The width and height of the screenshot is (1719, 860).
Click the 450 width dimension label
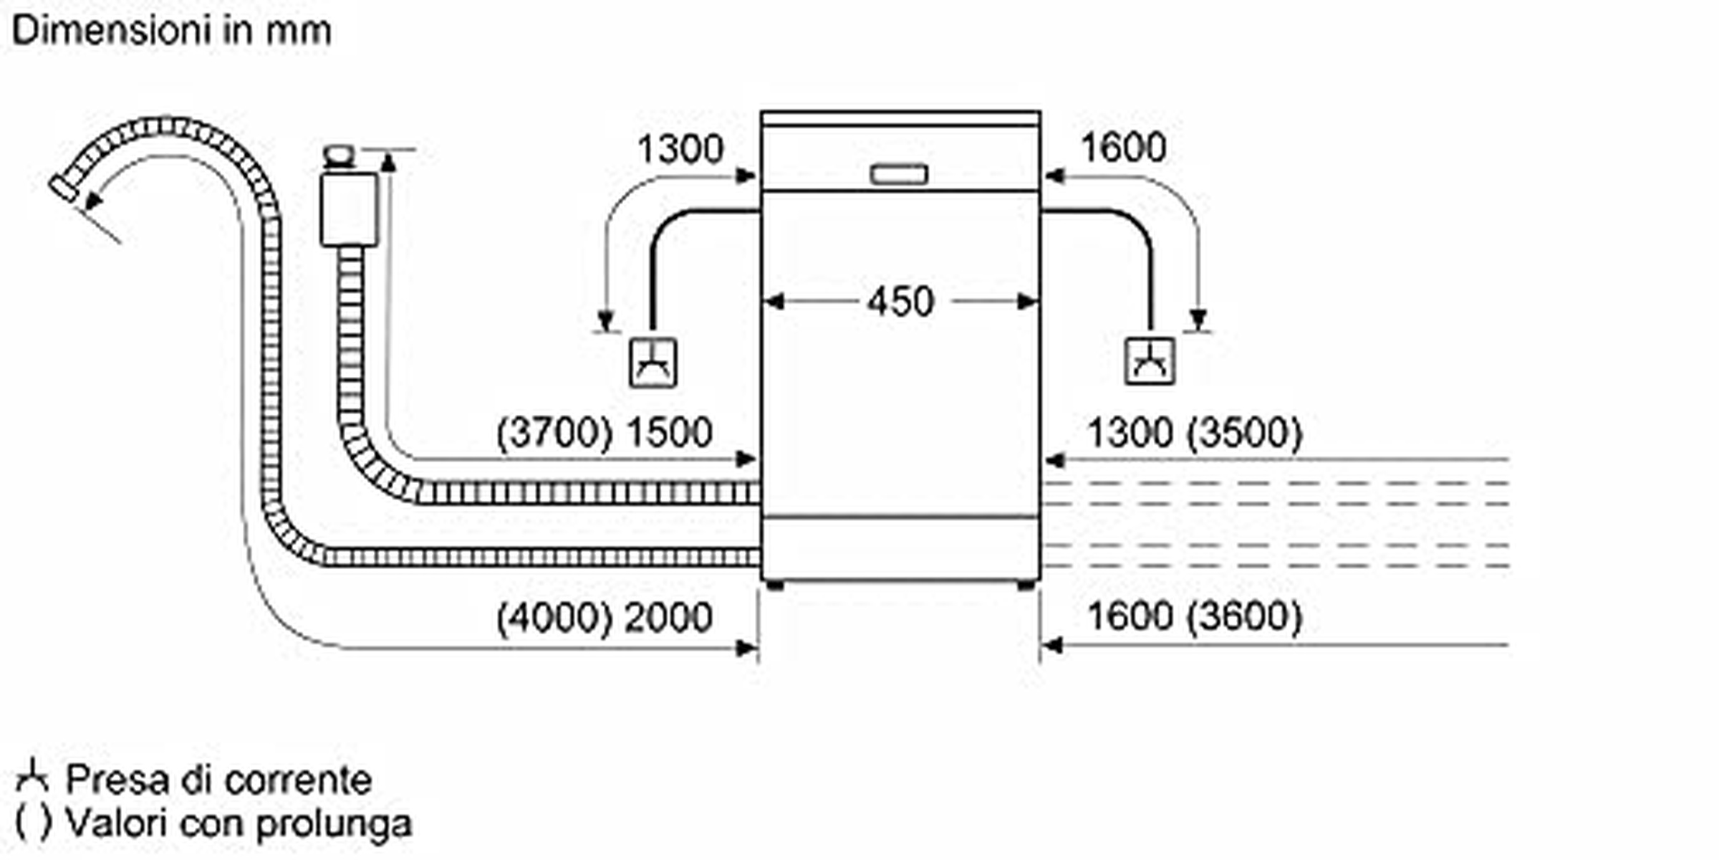point(900,301)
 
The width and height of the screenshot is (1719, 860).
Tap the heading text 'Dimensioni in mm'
point(171,32)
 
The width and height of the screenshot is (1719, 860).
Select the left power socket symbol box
point(653,362)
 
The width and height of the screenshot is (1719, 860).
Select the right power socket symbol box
point(1150,361)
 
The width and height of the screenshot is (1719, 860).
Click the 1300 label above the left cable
point(680,149)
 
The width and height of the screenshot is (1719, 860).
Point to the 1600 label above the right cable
point(1123,148)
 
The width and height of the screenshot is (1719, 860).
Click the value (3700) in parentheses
point(554,433)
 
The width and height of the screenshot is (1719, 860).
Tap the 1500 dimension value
point(669,432)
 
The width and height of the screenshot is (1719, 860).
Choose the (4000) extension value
point(554,618)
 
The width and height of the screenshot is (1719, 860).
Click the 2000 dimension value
point(669,617)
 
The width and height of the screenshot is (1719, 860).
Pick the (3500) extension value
point(1244,433)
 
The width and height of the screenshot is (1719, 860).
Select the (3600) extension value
point(1244,616)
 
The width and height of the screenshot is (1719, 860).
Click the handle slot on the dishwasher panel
point(899,174)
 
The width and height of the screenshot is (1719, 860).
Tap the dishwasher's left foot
point(775,585)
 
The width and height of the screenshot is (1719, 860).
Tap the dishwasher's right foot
point(1026,585)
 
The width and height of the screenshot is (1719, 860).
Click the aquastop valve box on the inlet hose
point(349,209)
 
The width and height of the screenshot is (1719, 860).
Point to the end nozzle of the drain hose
point(64,188)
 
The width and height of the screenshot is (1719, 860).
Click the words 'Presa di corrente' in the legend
point(218,780)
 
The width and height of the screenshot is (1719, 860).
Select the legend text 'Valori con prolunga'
point(239,823)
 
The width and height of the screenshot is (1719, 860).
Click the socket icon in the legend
point(32,777)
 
